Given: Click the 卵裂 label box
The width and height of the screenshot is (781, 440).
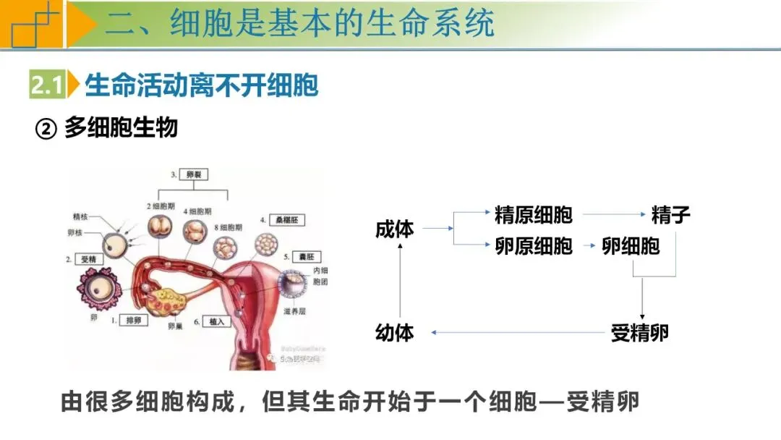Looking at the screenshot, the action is click(193, 175).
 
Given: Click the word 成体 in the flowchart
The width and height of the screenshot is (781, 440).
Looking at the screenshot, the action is click(395, 229).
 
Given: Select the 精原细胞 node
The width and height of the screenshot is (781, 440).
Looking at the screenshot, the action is click(534, 214).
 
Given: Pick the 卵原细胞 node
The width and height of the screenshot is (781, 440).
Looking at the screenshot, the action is click(534, 246).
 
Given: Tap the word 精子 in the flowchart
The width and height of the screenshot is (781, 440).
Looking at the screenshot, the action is click(670, 214).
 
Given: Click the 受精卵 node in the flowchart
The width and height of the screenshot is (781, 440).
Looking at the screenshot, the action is click(639, 333).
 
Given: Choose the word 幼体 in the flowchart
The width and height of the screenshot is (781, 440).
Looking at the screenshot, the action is click(395, 333).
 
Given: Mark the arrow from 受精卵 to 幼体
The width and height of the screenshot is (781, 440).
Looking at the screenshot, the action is click(517, 333).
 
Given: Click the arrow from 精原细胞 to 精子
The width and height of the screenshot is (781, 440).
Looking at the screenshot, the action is click(613, 214).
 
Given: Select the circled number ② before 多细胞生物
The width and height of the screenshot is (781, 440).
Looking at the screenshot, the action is click(46, 130).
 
